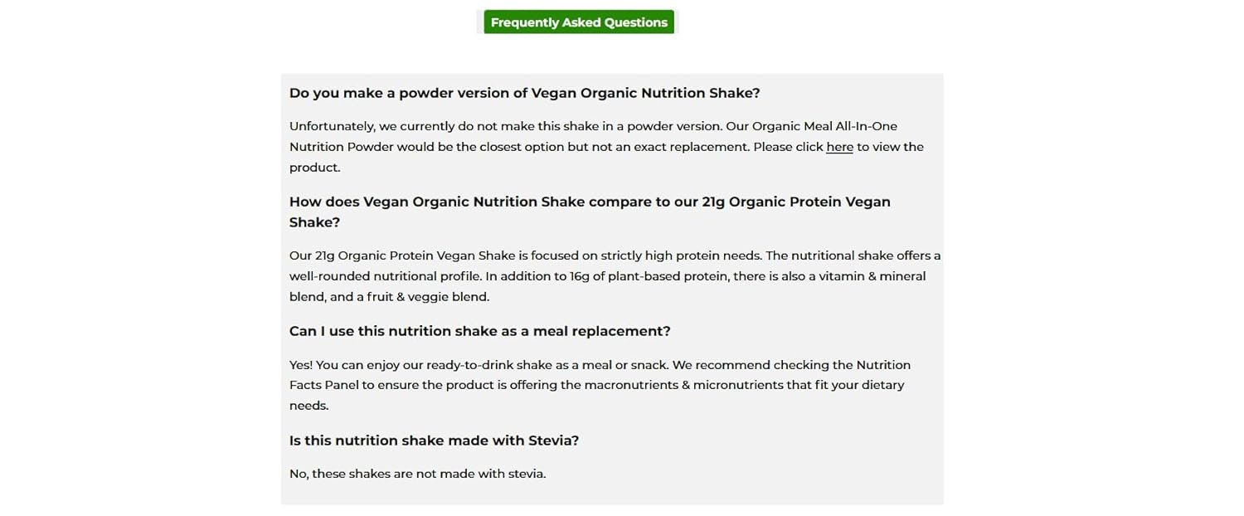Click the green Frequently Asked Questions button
pos(579,22)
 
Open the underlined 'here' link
pos(839,147)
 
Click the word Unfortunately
pos(332,127)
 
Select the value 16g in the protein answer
pos(579,276)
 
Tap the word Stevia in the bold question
pos(553,441)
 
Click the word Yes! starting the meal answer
pos(301,365)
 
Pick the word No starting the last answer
pos(299,474)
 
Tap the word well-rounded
pos(329,276)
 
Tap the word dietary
pos(883,386)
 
